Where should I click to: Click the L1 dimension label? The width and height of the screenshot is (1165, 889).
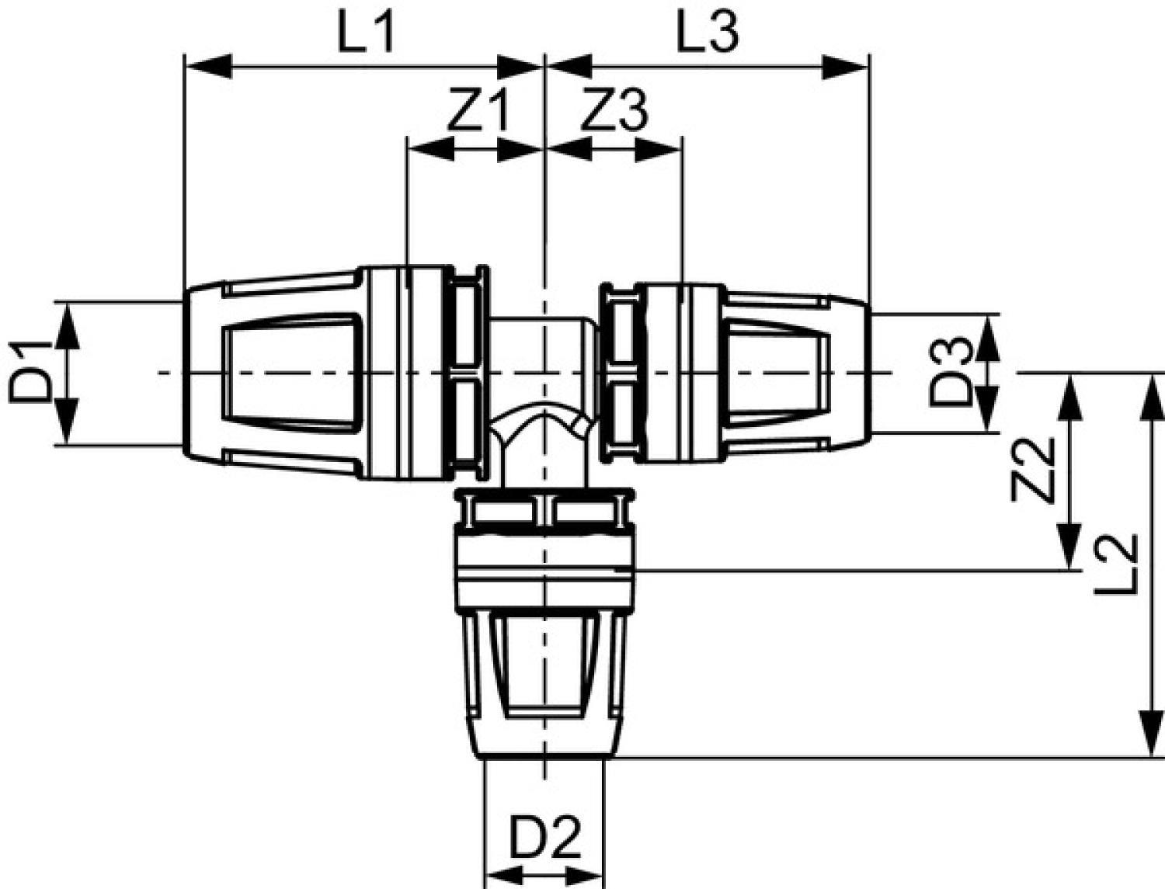[367, 32]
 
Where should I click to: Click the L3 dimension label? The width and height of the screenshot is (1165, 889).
[708, 32]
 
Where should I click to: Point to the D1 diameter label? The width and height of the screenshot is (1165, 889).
[30, 373]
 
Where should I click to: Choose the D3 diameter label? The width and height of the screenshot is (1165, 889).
[952, 373]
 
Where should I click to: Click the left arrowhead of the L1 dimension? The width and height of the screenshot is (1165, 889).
[208, 66]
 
